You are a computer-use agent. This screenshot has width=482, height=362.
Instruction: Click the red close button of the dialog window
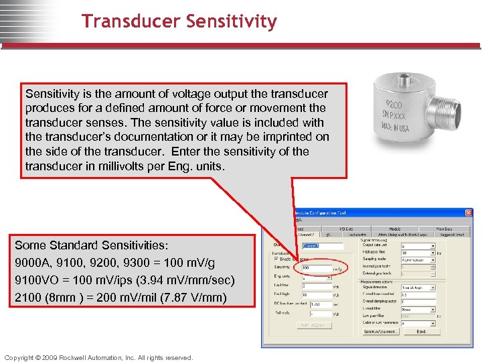coord(469,213)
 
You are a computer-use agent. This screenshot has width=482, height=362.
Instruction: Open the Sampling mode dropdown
coord(418,259)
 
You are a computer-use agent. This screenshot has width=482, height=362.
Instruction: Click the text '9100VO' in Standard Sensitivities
coord(33,280)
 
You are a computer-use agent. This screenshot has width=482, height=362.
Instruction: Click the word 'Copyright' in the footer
coord(21,357)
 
